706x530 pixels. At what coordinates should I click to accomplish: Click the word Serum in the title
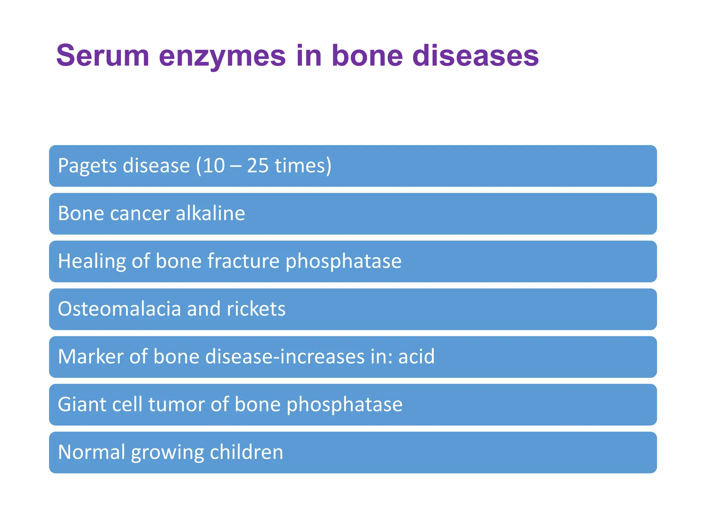pyautogui.click(x=103, y=56)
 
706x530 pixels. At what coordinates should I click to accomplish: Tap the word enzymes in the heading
pyautogui.click(x=222, y=56)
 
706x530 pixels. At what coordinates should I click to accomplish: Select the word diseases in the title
pyautogui.click(x=475, y=56)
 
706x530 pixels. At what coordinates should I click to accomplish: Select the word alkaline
pyautogui.click(x=210, y=213)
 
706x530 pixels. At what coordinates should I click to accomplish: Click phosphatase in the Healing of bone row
pyautogui.click(x=343, y=262)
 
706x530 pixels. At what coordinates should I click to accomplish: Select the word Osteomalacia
pyautogui.click(x=119, y=308)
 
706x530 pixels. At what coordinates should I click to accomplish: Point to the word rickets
pyautogui.click(x=256, y=308)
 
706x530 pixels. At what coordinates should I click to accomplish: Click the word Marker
pyautogui.click(x=91, y=356)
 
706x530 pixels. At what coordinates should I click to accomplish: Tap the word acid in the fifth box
pyautogui.click(x=416, y=356)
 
